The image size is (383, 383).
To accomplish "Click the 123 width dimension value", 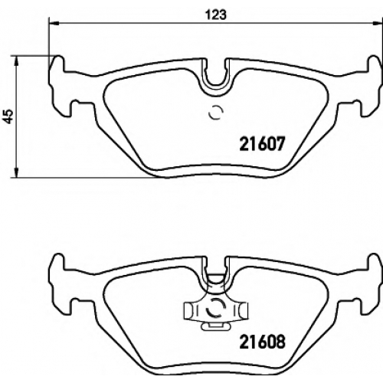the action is [x=216, y=15].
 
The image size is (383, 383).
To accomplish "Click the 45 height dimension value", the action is [x=9, y=116].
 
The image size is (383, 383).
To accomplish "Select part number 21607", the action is [x=262, y=143].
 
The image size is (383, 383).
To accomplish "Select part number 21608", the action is [x=262, y=342].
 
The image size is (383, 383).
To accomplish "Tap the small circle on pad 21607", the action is [x=216, y=113].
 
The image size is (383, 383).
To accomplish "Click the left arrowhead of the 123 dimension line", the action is [x=54, y=24].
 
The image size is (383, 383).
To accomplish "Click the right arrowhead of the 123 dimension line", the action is [x=378, y=24].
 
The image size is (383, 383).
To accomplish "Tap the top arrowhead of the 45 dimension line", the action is [x=16, y=61].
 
